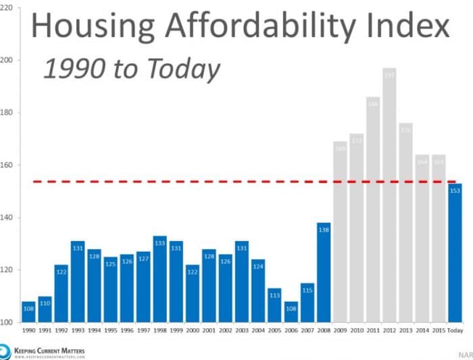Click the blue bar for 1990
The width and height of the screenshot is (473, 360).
tap(28, 312)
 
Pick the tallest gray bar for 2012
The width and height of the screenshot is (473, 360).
tap(390, 196)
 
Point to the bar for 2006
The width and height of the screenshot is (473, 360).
tap(291, 312)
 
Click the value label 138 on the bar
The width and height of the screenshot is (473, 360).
tap(324, 230)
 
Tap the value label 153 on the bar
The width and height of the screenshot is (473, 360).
tap(455, 190)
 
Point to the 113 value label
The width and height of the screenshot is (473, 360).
tap(275, 295)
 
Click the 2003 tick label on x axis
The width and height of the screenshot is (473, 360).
tap(242, 332)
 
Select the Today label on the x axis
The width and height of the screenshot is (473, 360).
tap(455, 332)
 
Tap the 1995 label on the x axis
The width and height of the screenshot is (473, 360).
tap(111, 332)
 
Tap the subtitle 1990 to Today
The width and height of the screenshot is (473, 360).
tap(132, 69)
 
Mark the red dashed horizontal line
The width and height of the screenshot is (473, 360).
tap(203, 182)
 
